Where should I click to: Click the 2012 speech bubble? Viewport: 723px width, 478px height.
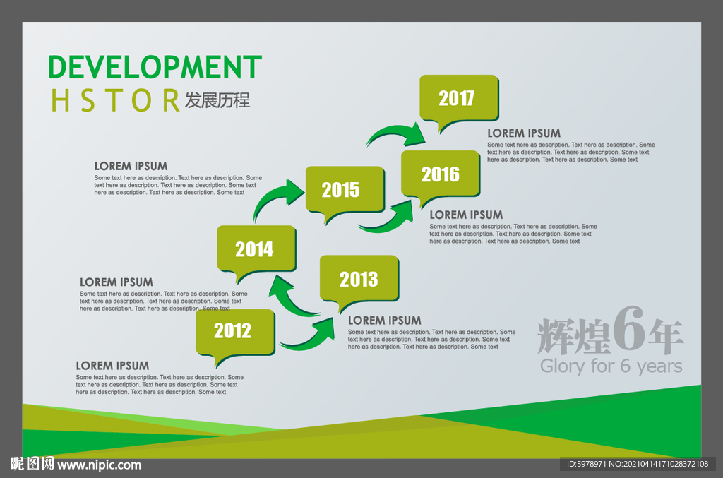point(235,333)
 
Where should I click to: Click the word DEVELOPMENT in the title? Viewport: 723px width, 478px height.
point(155,67)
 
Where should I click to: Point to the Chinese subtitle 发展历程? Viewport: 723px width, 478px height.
point(217,100)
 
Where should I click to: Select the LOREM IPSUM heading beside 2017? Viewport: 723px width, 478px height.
point(524,133)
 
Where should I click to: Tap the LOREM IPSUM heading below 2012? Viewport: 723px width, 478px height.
point(112,366)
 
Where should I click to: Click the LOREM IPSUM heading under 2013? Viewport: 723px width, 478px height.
point(385,321)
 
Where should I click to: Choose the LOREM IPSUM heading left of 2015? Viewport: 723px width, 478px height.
point(131,166)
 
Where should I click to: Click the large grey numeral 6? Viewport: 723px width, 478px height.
point(628,328)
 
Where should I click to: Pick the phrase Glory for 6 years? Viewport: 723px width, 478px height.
point(611,366)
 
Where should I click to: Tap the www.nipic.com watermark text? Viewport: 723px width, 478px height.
point(99,465)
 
